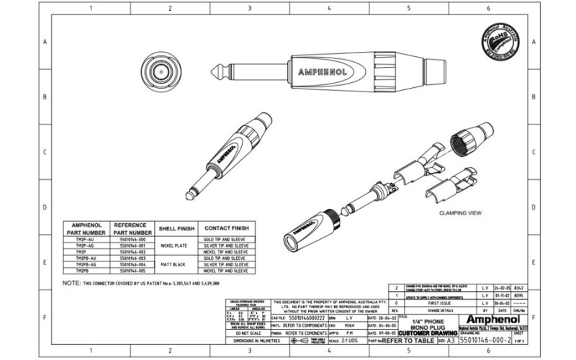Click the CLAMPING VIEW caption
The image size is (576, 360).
[x=460, y=214]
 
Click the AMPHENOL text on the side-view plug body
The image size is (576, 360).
[x=322, y=72]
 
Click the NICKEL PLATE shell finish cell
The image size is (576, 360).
[x=173, y=245]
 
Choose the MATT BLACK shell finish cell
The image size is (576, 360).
[x=173, y=264]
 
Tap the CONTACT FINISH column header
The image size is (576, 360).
[x=227, y=228]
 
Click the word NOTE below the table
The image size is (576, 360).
[x=71, y=284]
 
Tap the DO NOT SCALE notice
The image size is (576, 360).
[x=246, y=334]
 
